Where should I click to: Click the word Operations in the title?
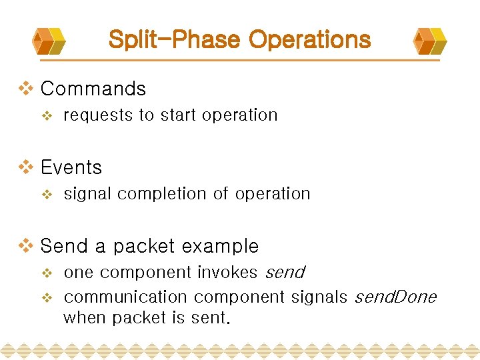click(x=309, y=39)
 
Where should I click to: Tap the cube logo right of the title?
click(x=430, y=41)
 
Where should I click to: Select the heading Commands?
click(x=93, y=89)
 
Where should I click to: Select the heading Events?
click(x=71, y=167)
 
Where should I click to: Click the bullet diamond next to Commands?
click(x=26, y=88)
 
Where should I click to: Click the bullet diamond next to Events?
click(x=26, y=167)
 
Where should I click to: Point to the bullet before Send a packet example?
click(x=26, y=245)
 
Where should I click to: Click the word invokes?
click(x=227, y=273)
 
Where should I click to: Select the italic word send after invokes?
click(x=285, y=273)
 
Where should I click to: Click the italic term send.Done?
click(x=395, y=297)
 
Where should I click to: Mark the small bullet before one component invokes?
click(x=47, y=273)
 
